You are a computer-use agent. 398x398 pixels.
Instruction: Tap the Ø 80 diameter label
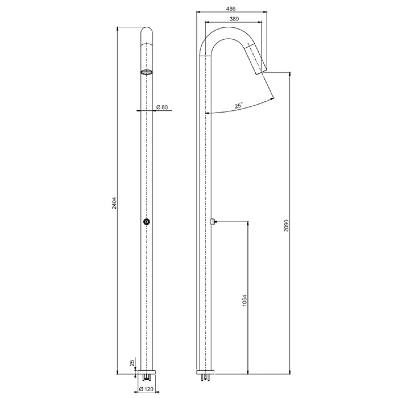pyautogui.click(x=162, y=107)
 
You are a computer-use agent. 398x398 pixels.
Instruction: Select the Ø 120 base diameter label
pyautogui.click(x=146, y=389)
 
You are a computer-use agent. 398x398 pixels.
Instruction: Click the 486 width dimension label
pyautogui.click(x=231, y=9)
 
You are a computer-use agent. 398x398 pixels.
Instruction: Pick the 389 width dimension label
pyautogui.click(x=234, y=19)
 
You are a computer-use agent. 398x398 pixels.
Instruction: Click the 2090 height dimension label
pyautogui.click(x=286, y=226)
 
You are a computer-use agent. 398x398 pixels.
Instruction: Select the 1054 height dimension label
pyautogui.click(x=245, y=300)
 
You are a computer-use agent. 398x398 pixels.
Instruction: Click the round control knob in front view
pyautogui.click(x=147, y=222)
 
